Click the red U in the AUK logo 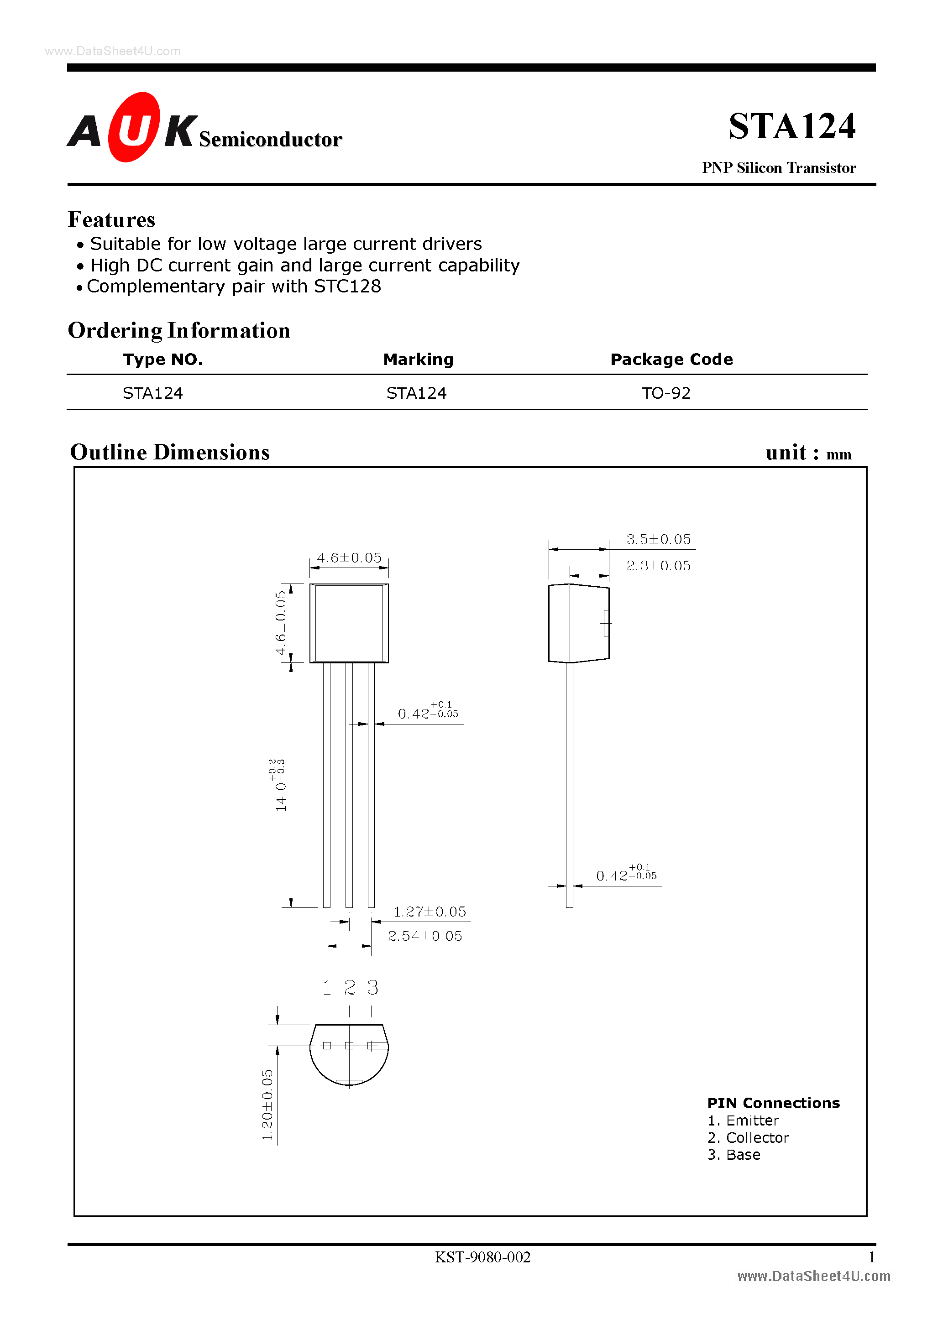[134, 127]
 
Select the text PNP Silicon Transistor [779, 168]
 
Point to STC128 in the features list [347, 287]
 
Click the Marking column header [418, 359]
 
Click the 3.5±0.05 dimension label [658, 539]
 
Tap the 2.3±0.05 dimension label [658, 566]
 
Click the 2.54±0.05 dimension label [425, 936]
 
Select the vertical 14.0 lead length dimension [280, 786]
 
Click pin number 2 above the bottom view [350, 987]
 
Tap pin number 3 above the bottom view [372, 987]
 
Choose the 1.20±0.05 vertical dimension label [267, 1105]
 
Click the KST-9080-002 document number [482, 1257]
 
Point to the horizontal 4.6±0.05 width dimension [349, 558]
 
